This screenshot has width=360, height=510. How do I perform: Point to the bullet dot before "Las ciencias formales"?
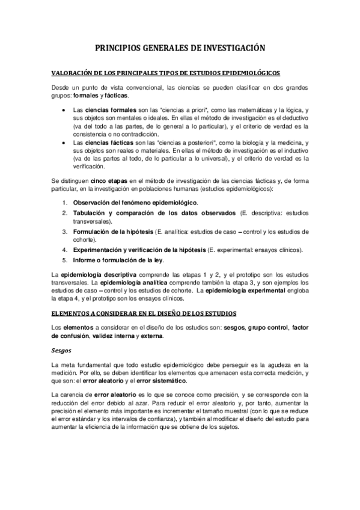tap(64, 112)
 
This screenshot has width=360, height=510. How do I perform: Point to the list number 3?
tap(65, 232)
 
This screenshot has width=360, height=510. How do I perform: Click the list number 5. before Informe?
tap(65, 260)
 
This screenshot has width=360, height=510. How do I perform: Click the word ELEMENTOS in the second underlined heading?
tap(74, 313)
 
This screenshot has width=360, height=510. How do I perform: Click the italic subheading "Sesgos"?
tap(62, 349)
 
